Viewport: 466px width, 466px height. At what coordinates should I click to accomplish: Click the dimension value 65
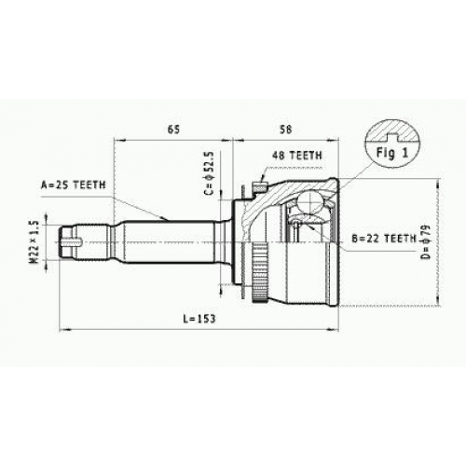173,130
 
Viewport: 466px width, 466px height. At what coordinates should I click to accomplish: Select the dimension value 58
285,130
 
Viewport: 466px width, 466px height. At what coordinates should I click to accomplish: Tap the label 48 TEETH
297,155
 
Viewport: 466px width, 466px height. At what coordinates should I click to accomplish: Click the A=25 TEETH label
74,185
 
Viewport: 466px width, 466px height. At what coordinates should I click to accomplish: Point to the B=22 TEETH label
384,239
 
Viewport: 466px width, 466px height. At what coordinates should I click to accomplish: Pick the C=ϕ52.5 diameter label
209,173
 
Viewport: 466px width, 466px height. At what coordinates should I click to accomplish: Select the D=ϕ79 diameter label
428,241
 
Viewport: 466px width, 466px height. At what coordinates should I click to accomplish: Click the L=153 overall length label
199,319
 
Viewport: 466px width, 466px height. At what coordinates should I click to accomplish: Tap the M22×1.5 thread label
34,241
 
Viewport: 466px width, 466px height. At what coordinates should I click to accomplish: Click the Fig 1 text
392,153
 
